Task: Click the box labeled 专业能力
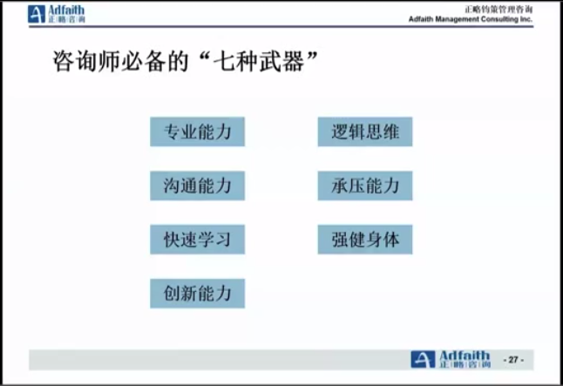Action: (198, 132)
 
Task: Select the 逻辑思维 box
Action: (365, 132)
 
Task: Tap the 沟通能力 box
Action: (198, 186)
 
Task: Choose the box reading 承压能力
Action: (365, 186)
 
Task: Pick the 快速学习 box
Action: (198, 240)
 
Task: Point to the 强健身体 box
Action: (365, 240)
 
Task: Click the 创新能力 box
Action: (198, 294)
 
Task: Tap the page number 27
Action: (513, 360)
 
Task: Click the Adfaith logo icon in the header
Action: (37, 14)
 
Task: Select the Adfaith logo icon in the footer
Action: (423, 360)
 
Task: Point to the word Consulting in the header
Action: (499, 19)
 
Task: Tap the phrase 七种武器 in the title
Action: (259, 61)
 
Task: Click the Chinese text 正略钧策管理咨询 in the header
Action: (499, 10)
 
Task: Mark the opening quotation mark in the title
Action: (204, 56)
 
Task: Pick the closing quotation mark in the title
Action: (311, 56)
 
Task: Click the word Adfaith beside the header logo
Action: (66, 10)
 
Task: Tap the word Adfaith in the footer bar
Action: (465, 356)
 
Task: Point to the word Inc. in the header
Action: (526, 19)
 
